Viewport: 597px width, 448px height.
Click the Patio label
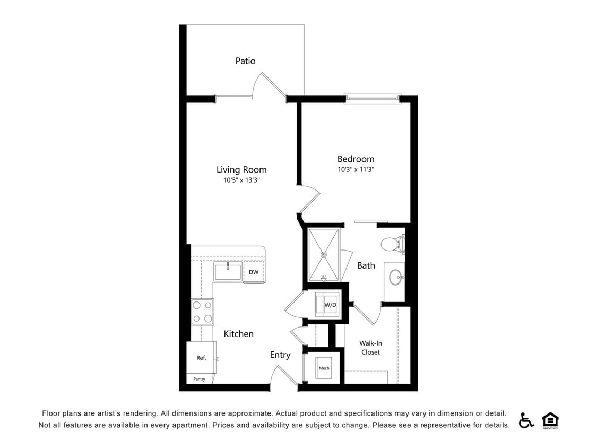(245, 61)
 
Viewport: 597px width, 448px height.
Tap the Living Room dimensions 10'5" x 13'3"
(241, 180)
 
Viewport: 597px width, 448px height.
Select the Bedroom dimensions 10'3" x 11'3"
(356, 170)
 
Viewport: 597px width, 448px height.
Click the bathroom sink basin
(395, 277)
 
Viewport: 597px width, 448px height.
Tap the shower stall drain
(323, 254)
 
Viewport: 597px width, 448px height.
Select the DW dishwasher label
(254, 272)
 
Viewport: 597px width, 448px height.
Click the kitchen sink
(228, 271)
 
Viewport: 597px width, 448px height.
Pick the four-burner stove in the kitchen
(203, 312)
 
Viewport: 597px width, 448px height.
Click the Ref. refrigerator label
(201, 358)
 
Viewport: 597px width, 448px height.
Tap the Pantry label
(199, 379)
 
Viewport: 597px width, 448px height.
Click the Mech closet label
(324, 368)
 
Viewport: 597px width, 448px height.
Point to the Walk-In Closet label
(370, 348)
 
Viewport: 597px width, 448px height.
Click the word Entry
(280, 355)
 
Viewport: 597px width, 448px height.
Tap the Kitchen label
(238, 334)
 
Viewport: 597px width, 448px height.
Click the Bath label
(366, 265)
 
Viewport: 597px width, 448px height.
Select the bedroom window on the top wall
(372, 98)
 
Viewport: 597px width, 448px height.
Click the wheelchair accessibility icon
(526, 420)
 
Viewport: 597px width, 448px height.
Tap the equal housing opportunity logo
(550, 420)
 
